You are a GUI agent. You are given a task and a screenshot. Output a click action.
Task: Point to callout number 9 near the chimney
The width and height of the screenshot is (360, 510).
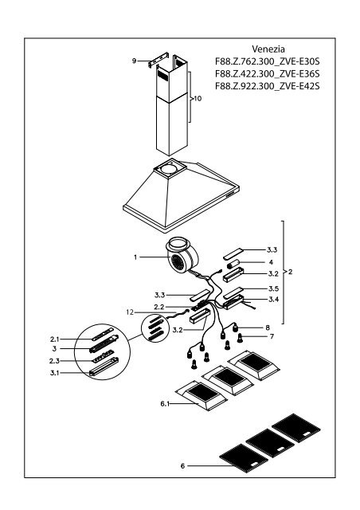pyautogui.click(x=135, y=60)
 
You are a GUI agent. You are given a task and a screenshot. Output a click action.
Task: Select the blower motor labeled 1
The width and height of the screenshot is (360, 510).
pyautogui.click(x=182, y=257)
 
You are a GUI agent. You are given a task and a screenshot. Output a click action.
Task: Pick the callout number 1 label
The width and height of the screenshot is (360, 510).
pyautogui.click(x=137, y=257)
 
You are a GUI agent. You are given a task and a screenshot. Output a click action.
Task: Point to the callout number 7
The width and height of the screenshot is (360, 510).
pyautogui.click(x=270, y=338)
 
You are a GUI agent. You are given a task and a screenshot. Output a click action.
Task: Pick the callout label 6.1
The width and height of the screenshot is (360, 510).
pyautogui.click(x=165, y=405)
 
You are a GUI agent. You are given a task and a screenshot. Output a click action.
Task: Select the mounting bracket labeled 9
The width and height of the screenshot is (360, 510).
pyautogui.click(x=153, y=61)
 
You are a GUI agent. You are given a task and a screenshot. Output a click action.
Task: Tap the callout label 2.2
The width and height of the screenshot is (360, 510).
pyautogui.click(x=158, y=307)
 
